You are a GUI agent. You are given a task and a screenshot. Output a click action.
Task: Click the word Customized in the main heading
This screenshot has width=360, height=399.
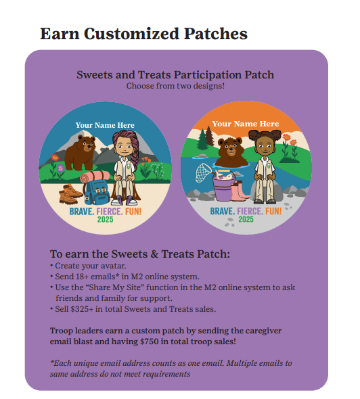[131, 34]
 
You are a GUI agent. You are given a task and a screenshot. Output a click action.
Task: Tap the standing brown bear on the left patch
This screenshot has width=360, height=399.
[80, 153]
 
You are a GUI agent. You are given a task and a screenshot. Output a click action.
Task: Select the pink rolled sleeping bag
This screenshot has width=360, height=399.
[95, 177]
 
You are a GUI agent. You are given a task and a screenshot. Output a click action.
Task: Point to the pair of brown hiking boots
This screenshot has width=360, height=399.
[70, 194]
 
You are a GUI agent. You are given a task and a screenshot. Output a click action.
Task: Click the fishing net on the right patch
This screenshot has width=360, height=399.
[204, 172]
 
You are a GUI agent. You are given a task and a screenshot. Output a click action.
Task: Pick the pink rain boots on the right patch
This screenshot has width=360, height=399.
[240, 191]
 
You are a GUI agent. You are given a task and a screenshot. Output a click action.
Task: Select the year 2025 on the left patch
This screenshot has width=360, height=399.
[105, 219]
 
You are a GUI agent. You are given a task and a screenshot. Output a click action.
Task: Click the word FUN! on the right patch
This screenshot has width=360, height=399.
[273, 211]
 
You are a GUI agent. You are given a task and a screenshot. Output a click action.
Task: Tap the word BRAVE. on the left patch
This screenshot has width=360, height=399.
[82, 212]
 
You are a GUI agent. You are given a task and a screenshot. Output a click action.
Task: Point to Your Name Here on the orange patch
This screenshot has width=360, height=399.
[246, 124]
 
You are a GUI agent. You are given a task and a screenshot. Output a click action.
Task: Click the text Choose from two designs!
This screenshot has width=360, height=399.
[175, 86]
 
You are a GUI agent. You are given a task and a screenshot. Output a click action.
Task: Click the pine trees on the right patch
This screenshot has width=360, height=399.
[206, 139]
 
